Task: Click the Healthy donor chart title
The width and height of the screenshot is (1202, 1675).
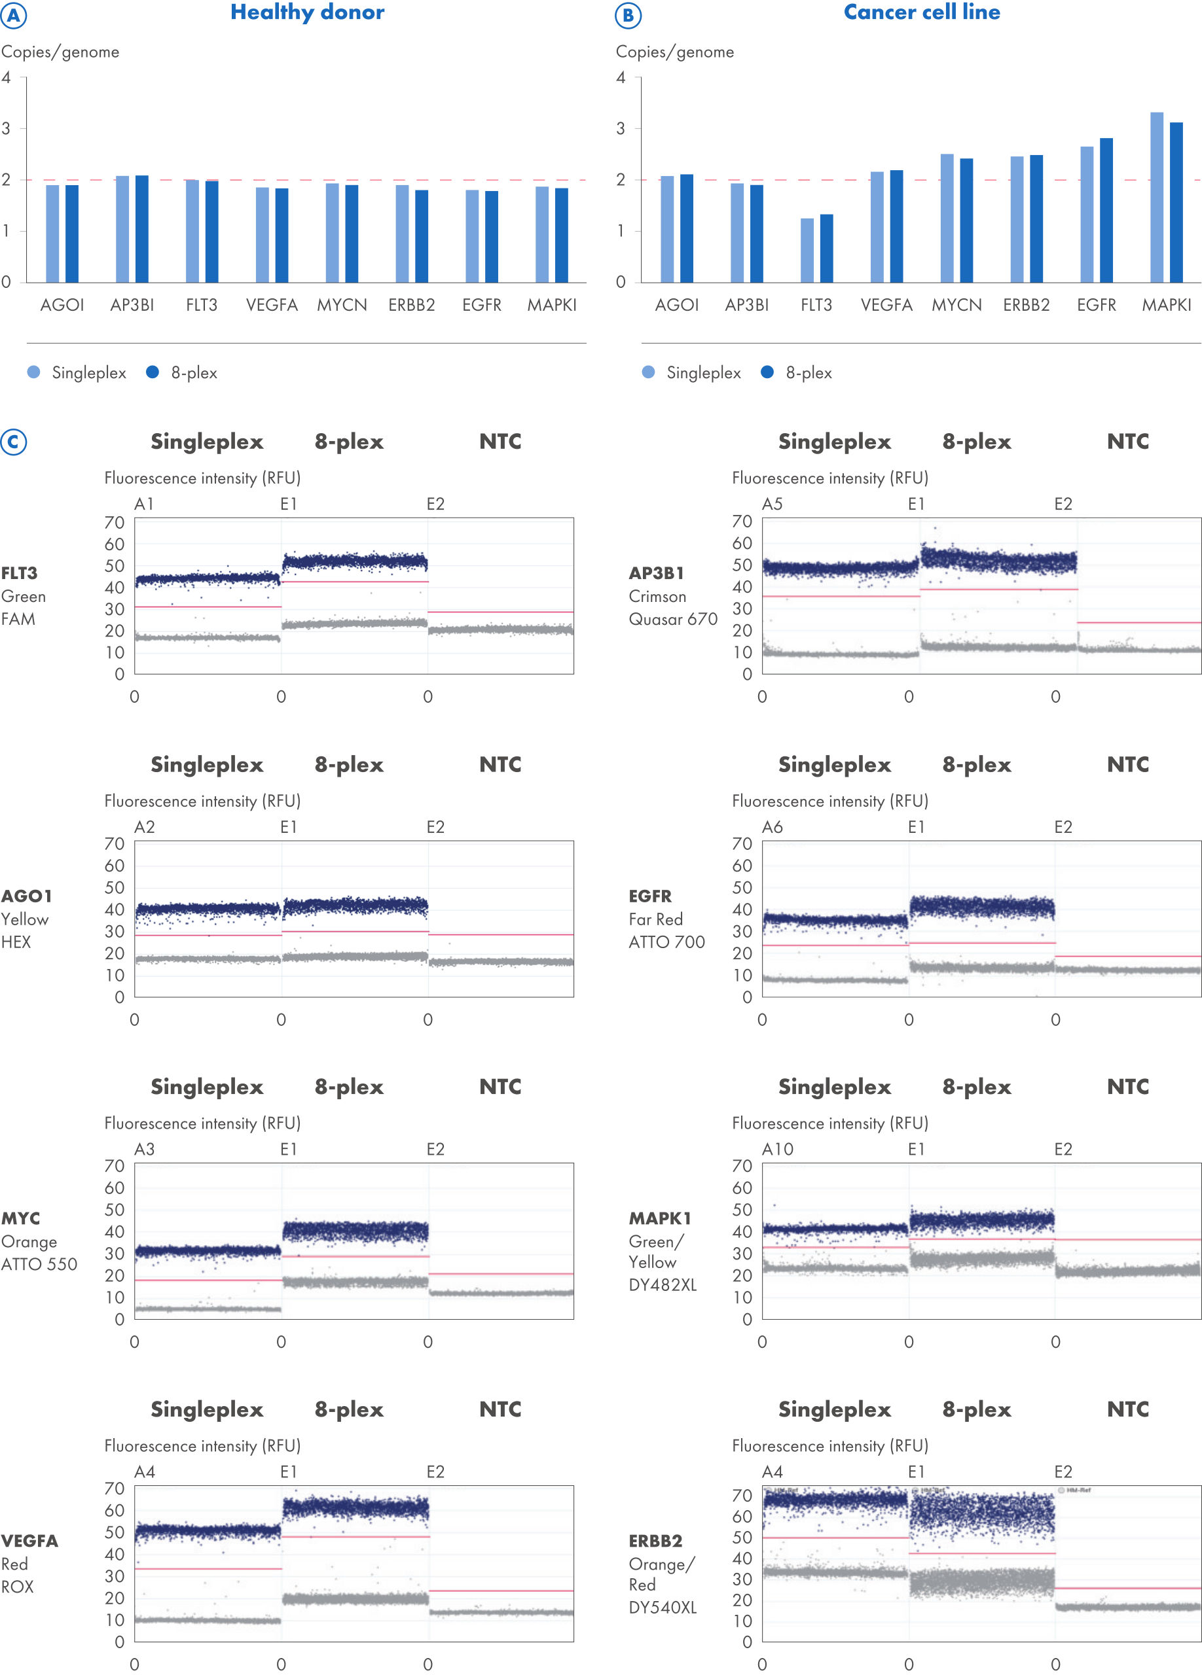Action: [x=307, y=12]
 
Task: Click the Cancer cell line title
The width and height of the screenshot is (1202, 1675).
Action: [x=921, y=12]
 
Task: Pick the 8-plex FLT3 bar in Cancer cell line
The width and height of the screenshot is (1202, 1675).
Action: [x=826, y=248]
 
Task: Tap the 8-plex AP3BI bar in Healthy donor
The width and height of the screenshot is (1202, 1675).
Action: [x=142, y=229]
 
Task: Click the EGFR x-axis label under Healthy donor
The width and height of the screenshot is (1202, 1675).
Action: [x=482, y=305]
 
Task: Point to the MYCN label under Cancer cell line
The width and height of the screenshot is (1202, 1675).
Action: [x=956, y=305]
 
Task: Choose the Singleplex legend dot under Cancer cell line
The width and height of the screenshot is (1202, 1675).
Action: [x=648, y=372]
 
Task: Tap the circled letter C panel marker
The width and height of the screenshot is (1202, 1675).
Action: [x=13, y=442]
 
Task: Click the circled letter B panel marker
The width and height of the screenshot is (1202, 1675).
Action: [x=628, y=16]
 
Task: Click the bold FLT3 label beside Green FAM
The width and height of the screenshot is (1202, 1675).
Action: [x=19, y=573]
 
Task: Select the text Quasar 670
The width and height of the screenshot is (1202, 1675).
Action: [x=672, y=619]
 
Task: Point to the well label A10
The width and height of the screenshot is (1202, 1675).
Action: [x=777, y=1149]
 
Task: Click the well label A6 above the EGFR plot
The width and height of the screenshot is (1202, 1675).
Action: [x=772, y=827]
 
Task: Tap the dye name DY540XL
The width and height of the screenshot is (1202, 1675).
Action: [x=662, y=1607]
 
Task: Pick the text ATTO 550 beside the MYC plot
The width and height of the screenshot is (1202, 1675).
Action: [x=39, y=1263]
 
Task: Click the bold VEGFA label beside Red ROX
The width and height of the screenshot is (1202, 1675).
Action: [x=29, y=1541]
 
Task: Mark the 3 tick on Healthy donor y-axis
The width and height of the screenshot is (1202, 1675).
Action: [x=6, y=128]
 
